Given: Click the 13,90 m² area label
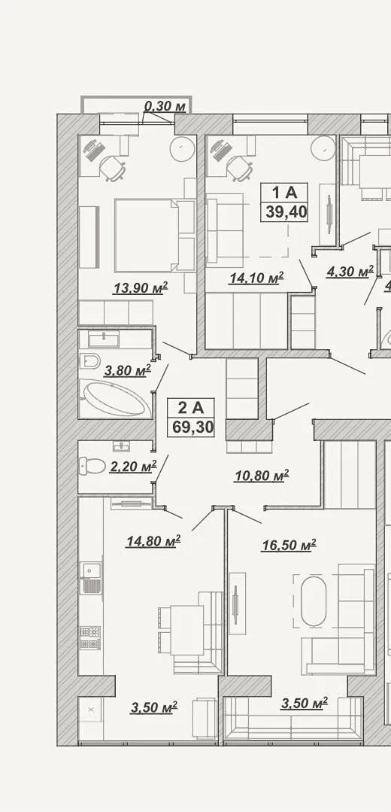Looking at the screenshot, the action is pyautogui.click(x=141, y=287).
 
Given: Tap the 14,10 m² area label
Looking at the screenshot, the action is pyautogui.click(x=256, y=278).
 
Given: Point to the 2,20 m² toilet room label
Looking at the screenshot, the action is pyautogui.click(x=133, y=467).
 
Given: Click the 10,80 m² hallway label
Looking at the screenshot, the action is pyautogui.click(x=261, y=475).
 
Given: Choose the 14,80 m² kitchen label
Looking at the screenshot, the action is pyautogui.click(x=153, y=541).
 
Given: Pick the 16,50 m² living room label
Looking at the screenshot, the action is pyautogui.click(x=289, y=545).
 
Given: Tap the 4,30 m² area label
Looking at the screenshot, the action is pyautogui.click(x=350, y=272).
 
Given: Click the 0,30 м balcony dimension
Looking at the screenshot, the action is pyautogui.click(x=165, y=107).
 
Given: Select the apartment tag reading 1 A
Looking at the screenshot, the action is pyautogui.click(x=284, y=193).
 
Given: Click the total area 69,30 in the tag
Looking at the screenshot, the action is pyautogui.click(x=190, y=427).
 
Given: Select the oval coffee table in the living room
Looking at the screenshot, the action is pyautogui.click(x=314, y=601).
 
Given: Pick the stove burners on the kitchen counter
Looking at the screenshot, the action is pyautogui.click(x=90, y=638).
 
